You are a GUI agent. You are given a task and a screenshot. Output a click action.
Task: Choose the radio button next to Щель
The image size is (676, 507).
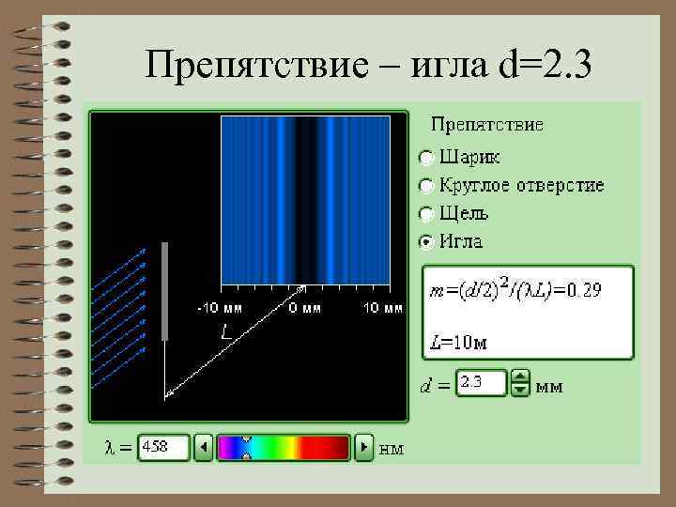[x=426, y=213]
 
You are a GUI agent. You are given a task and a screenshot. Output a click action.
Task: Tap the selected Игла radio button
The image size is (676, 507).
[x=426, y=241]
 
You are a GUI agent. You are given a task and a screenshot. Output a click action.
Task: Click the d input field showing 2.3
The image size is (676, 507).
[x=480, y=383]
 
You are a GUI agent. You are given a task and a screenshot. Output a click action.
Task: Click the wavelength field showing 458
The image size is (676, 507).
[x=163, y=448]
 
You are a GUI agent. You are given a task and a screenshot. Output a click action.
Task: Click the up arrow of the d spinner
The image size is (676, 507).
[x=520, y=376]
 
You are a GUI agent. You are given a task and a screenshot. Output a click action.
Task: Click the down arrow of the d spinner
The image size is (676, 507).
[x=520, y=390]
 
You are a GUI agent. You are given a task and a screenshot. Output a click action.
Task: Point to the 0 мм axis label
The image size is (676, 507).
[x=305, y=308]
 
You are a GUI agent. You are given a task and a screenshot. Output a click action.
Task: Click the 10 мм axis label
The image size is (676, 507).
[x=383, y=308]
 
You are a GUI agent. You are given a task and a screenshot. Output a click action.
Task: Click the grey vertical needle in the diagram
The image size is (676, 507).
[x=165, y=291]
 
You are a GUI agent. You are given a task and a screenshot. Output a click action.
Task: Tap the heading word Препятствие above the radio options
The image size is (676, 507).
[x=486, y=123]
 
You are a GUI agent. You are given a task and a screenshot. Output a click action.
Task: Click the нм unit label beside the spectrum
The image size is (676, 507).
[x=391, y=449]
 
